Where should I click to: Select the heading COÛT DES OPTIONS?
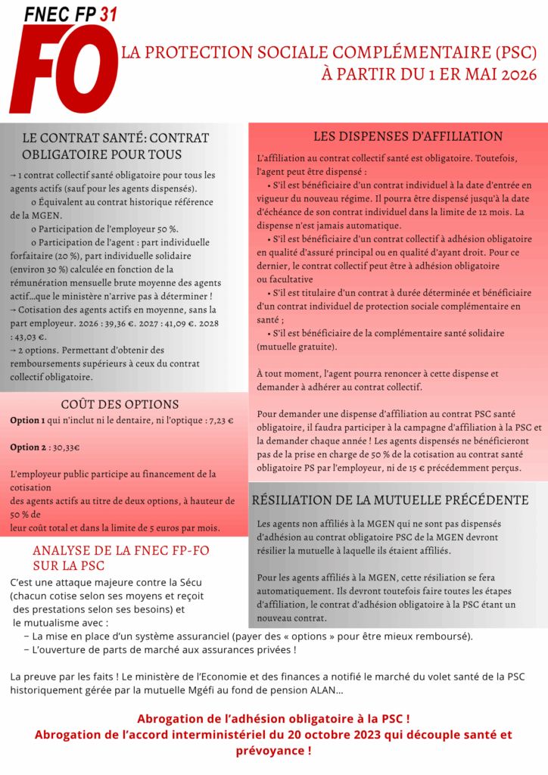pos(120,404)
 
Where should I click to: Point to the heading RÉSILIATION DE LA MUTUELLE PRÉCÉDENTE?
pos(390,500)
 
